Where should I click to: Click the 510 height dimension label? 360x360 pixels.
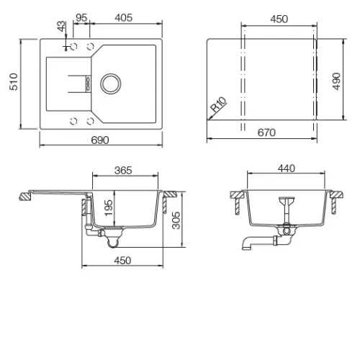(x=14, y=82)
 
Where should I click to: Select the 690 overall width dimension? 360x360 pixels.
(x=100, y=140)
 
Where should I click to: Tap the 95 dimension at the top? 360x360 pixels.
(x=81, y=18)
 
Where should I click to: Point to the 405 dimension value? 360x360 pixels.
(x=124, y=18)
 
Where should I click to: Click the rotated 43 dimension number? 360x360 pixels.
(x=61, y=26)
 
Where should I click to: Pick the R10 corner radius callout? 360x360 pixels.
(x=218, y=104)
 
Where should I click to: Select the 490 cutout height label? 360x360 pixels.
(x=336, y=81)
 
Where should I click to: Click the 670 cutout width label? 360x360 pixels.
(x=266, y=132)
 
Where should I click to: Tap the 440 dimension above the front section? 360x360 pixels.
(x=287, y=168)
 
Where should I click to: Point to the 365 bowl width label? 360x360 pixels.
(x=123, y=171)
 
